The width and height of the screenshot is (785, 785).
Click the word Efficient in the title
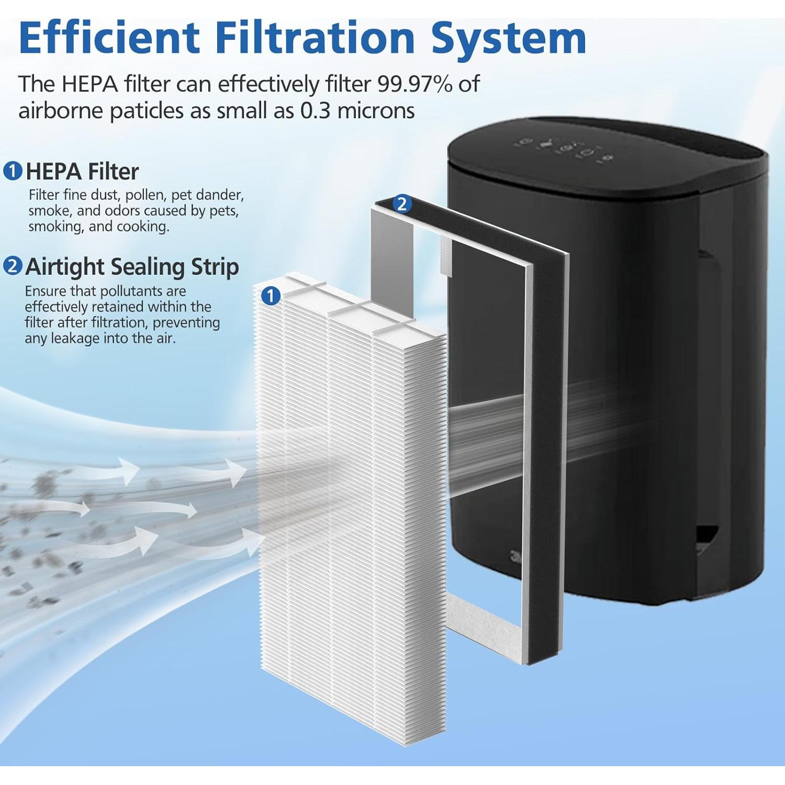109,38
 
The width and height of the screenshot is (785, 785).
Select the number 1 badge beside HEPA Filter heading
13,171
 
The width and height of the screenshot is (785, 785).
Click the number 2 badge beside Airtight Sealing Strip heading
13,266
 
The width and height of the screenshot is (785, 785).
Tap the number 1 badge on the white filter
271,296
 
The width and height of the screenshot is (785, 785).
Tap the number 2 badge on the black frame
402,204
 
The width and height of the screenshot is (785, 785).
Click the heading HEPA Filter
82,171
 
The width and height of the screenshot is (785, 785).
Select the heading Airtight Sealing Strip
132,266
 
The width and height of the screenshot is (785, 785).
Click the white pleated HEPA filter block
351,497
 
